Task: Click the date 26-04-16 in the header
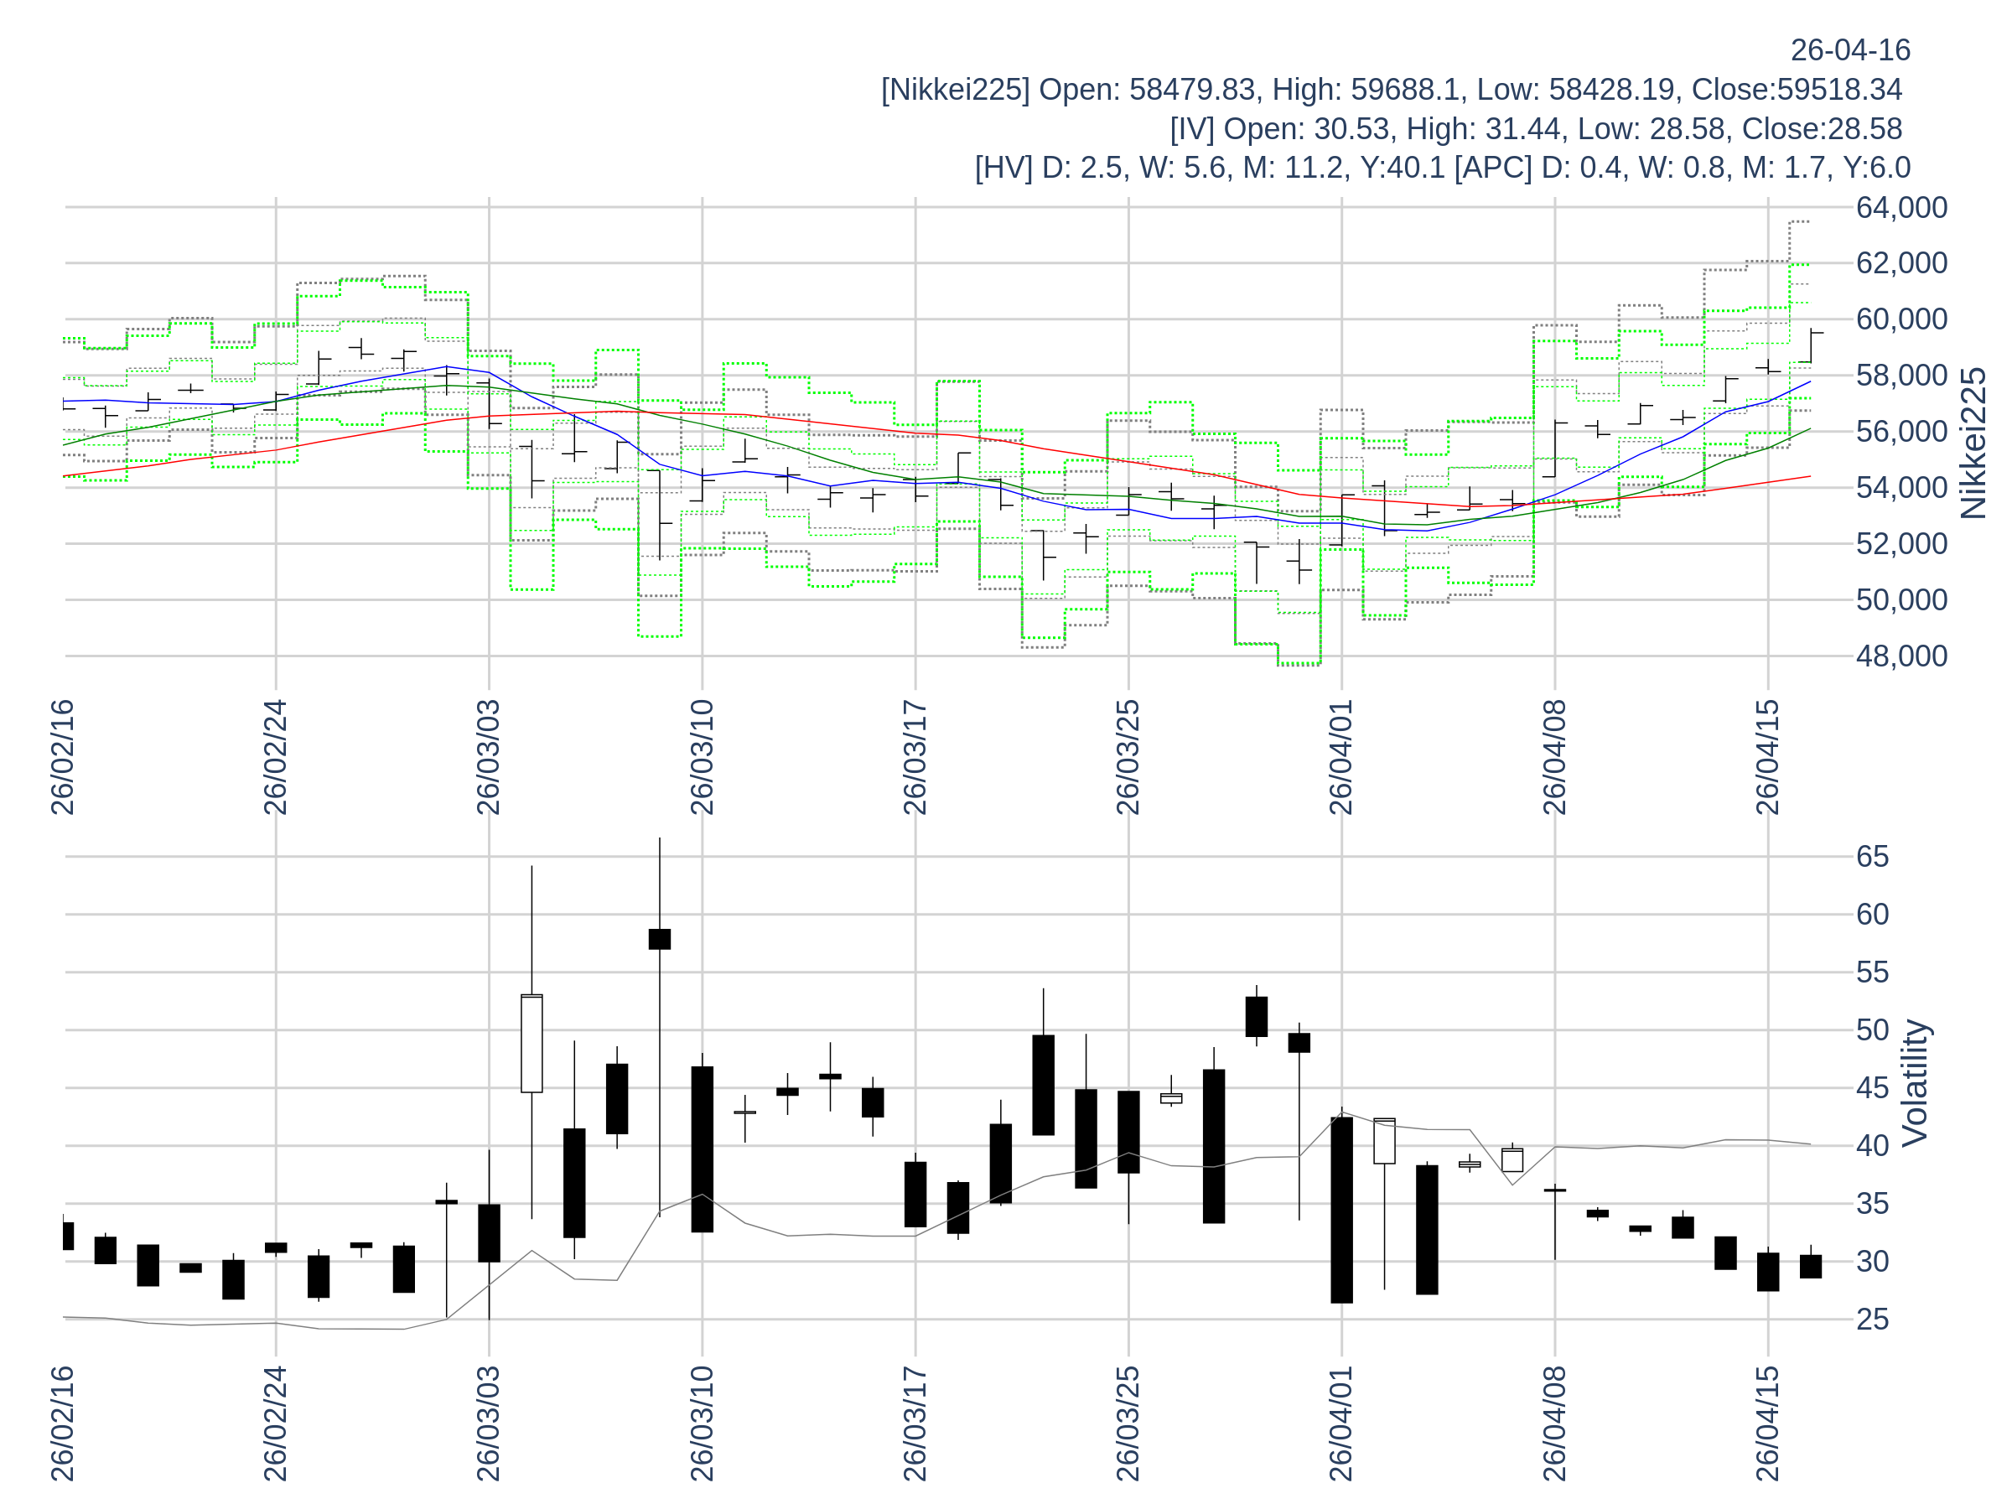pos(1850,51)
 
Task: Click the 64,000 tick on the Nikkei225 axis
pos(1901,208)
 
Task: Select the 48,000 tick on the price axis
pos(1901,656)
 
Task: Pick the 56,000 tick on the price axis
pos(1901,432)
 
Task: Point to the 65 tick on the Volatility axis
pos(1872,857)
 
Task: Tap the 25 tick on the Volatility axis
pos(1872,1320)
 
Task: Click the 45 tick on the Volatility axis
pos(1872,1088)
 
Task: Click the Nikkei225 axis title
pos(1973,443)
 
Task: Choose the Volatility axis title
pos(1914,1083)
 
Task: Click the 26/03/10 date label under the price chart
pos(703,758)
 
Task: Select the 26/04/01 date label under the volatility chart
pos(1341,1423)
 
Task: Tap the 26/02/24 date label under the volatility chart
pos(276,1423)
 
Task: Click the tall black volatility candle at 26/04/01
pos(1341,1210)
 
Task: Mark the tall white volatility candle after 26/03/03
pos(532,1043)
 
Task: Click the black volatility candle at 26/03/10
pos(703,1149)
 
